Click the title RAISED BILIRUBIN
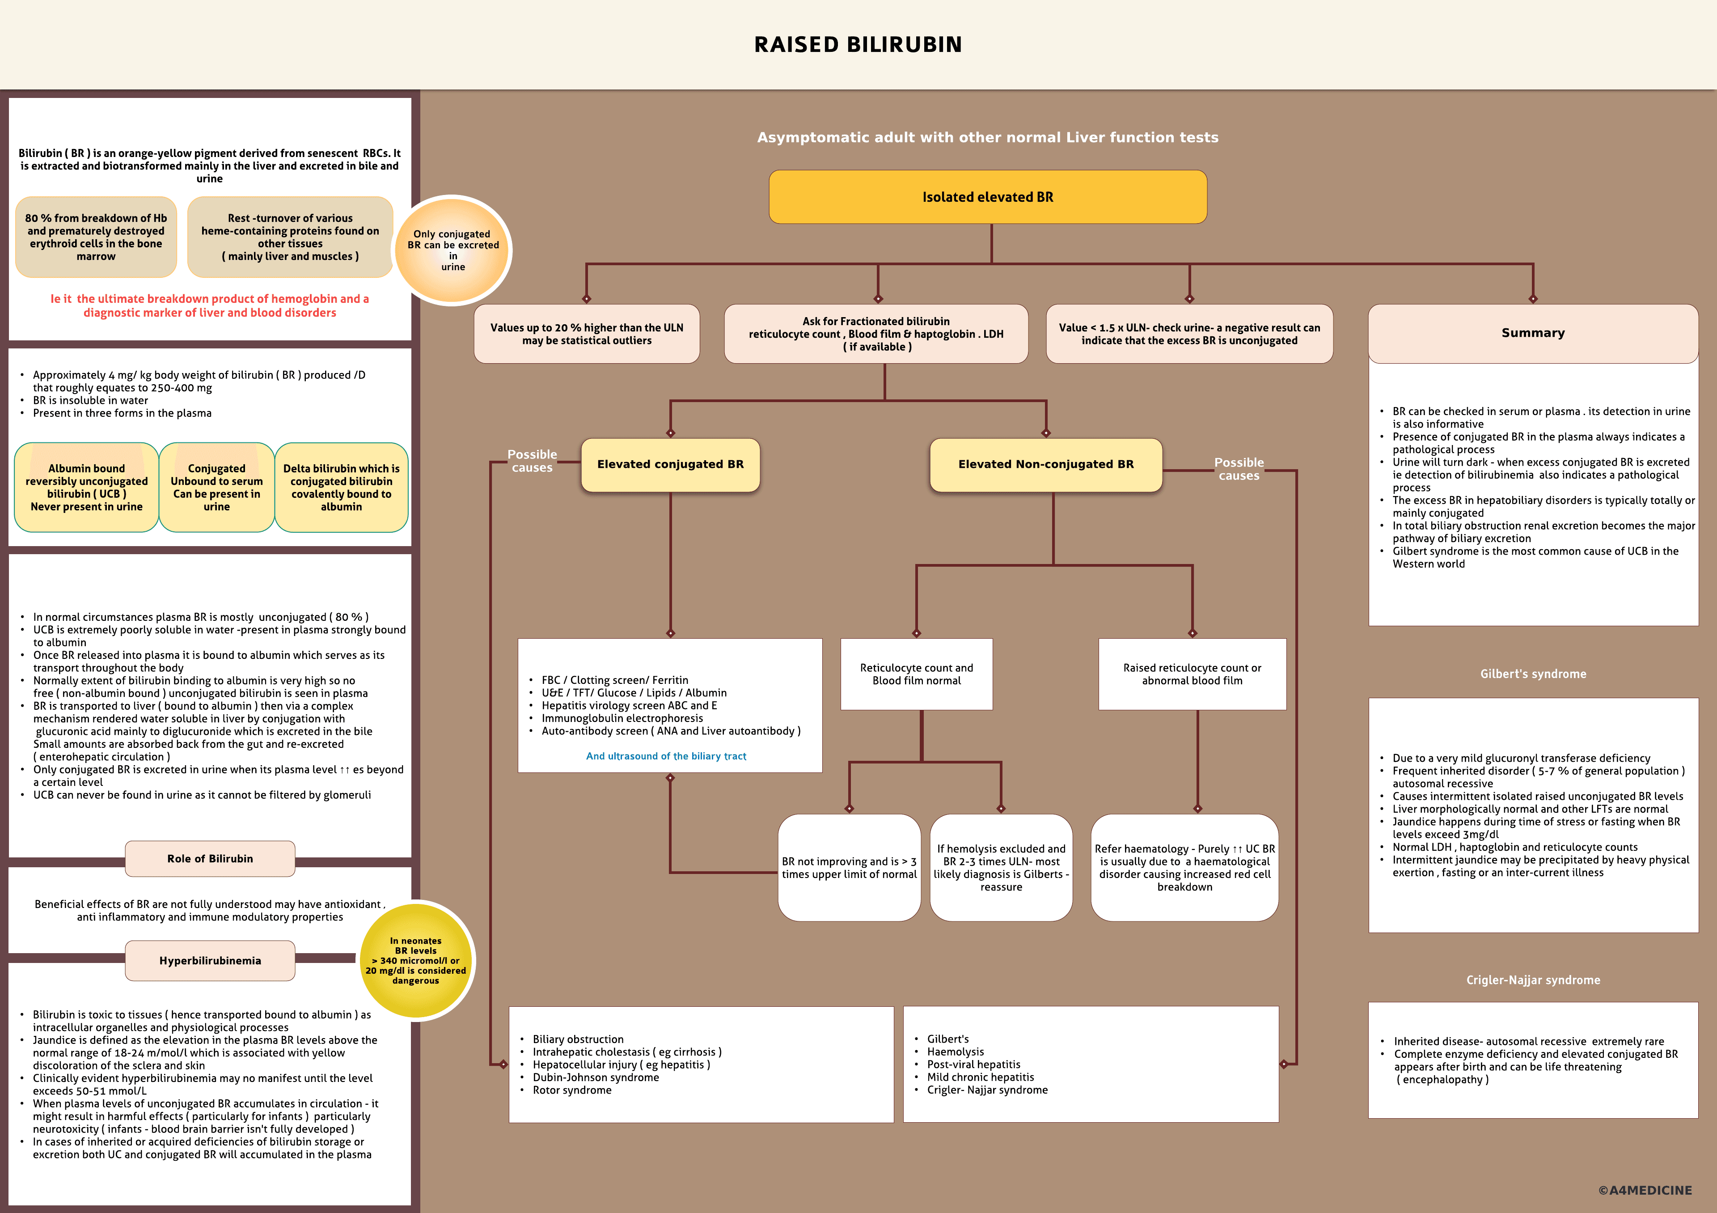click(858, 45)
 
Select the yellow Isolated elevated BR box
click(987, 197)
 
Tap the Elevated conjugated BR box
click(670, 464)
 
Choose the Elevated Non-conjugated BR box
click(1045, 464)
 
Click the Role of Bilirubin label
click(210, 858)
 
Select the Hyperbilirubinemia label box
click(210, 961)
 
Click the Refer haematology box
click(1184, 868)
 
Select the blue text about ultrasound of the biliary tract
click(666, 756)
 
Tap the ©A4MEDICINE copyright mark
click(1645, 1190)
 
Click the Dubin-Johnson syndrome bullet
click(596, 1077)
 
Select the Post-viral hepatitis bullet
click(974, 1065)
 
